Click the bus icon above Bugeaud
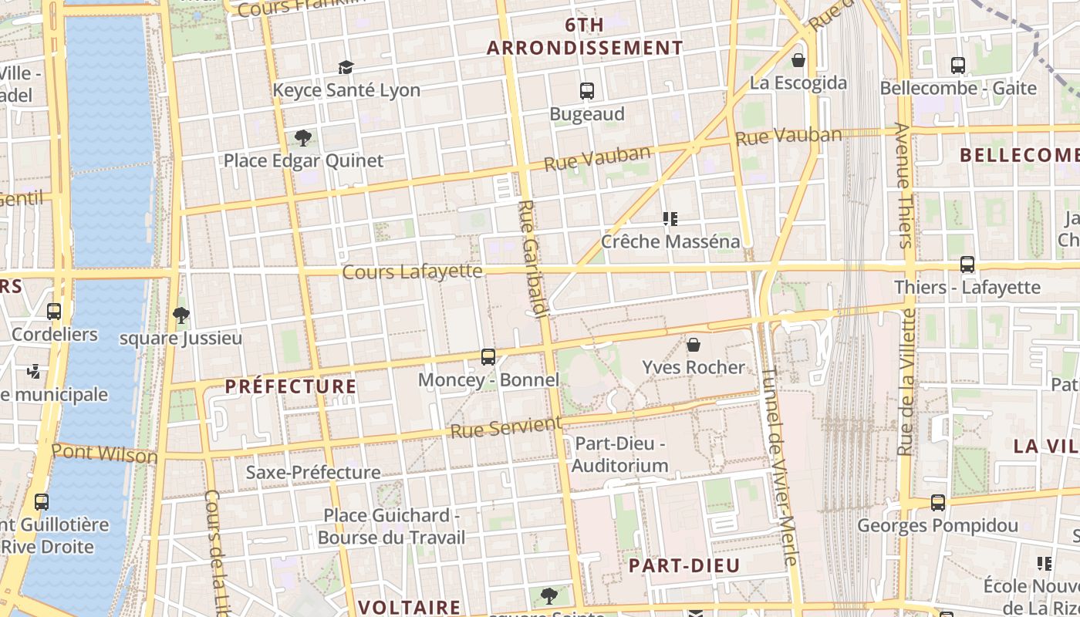coord(587,91)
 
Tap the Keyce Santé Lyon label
coord(346,90)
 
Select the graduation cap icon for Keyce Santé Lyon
coord(346,68)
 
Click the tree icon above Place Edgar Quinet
coord(303,139)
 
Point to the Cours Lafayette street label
coord(412,271)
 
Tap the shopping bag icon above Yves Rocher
coord(694,344)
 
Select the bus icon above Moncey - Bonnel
coord(488,356)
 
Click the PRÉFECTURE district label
coord(291,386)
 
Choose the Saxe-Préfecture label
coord(313,472)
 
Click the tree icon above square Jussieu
coord(181,315)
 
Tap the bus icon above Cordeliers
coord(54,312)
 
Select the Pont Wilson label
coord(104,453)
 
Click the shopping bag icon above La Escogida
coord(798,59)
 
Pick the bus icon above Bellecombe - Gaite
coord(958,66)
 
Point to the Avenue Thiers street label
coord(904,185)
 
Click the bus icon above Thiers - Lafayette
coord(967,265)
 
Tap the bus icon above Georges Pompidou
coord(938,503)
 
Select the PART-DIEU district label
coord(684,565)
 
